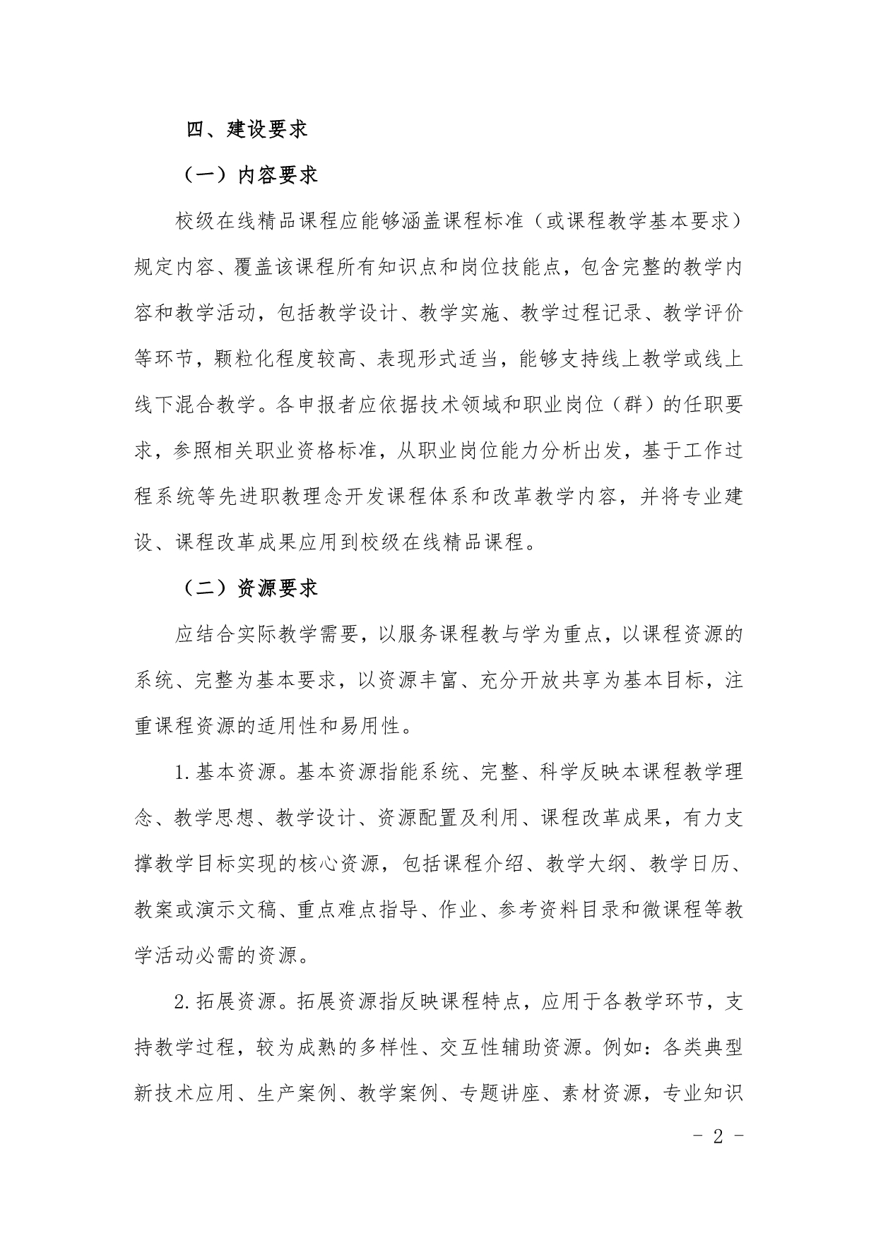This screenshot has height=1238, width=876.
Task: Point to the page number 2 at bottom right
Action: pos(718,1136)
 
